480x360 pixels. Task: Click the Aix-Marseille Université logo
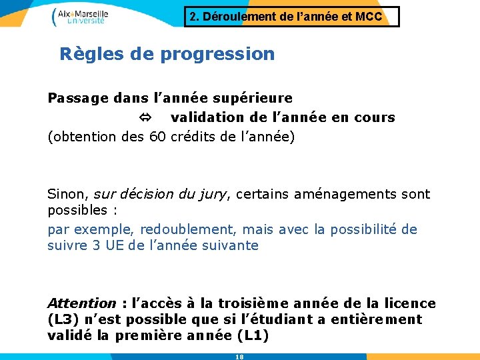80,16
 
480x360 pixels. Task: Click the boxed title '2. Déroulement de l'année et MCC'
291,17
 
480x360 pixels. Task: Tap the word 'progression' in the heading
217,54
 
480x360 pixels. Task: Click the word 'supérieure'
259,99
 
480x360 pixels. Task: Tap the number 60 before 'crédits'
158,137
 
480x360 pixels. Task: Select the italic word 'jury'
213,195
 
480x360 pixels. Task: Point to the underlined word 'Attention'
81,303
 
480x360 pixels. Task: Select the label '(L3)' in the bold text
64,319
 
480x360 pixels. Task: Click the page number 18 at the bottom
239,357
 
